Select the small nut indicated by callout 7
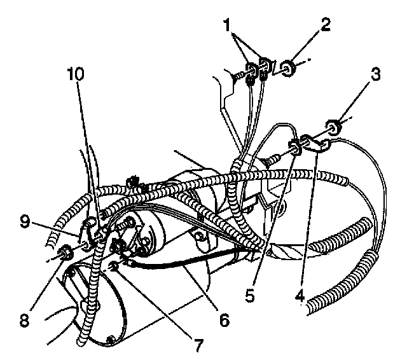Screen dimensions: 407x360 [113, 265]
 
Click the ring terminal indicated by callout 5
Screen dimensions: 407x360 [296, 148]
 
